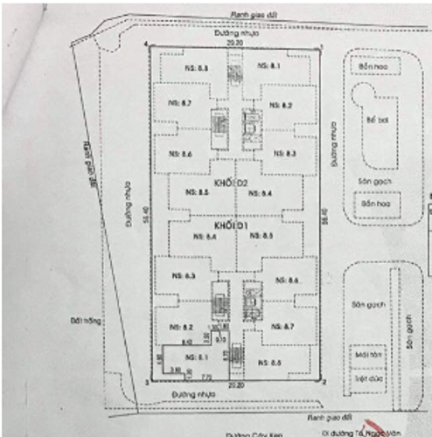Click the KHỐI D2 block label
234,182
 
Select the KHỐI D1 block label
234,225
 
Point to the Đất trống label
89,321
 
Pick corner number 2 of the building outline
324,382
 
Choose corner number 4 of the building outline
145,44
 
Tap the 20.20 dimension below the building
232,384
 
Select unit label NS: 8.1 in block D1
194,357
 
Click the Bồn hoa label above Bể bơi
373,66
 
